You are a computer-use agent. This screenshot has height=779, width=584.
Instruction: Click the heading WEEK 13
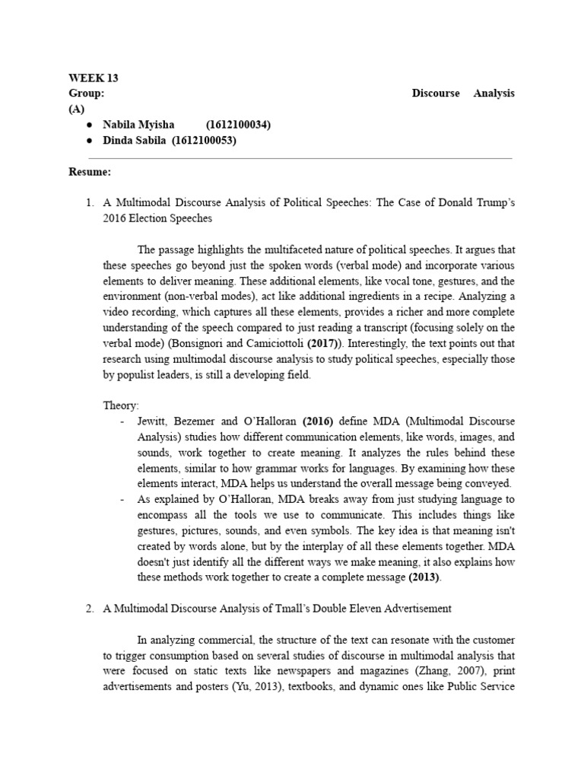coord(94,78)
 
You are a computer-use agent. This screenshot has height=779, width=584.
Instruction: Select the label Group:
coord(86,93)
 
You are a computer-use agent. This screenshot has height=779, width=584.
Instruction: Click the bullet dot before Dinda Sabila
coord(90,140)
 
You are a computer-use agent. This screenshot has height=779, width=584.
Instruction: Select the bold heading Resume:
coord(90,172)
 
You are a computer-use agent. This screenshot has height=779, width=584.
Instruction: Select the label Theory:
coord(120,406)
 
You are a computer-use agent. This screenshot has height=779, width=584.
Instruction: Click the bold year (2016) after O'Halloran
coord(319,421)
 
